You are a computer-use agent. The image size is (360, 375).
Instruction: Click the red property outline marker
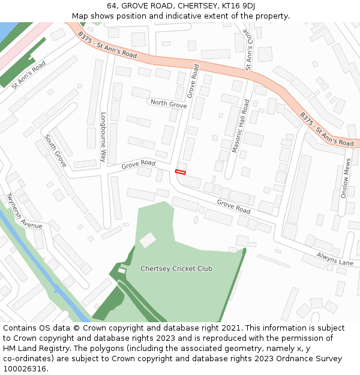(180, 172)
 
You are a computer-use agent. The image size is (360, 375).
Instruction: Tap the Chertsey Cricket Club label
(176, 269)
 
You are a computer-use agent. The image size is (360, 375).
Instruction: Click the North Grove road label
(169, 104)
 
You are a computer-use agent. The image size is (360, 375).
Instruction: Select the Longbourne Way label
(103, 137)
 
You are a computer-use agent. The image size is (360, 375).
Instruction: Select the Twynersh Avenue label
(23, 211)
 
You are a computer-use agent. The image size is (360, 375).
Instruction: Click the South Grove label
(55, 150)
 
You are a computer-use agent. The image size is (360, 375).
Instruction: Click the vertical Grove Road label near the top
(193, 82)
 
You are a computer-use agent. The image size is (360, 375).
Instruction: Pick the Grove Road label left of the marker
(138, 164)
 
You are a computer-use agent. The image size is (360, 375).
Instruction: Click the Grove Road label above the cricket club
(233, 207)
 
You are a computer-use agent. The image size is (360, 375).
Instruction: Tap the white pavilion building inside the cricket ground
(148, 240)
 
